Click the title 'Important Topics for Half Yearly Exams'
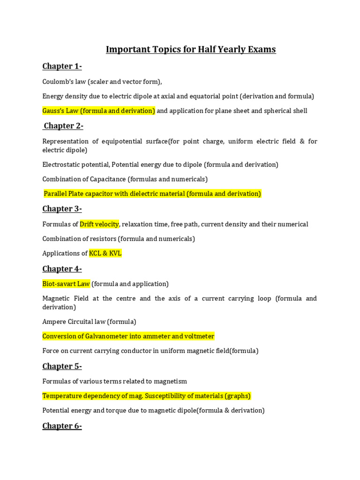pos(191,49)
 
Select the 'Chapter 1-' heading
pos(62,66)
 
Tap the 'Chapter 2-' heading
pos(63,126)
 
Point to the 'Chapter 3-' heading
pos(62,209)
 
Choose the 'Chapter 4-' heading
pos(62,269)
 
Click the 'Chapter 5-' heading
pos(62,366)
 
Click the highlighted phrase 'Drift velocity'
pos(99,224)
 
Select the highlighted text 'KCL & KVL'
pos(105,253)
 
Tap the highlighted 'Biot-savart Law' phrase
pos(66,284)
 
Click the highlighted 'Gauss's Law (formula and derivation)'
pos(98,111)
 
